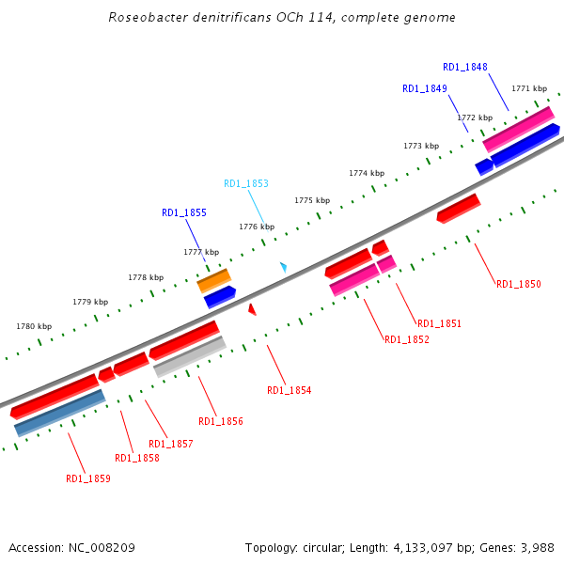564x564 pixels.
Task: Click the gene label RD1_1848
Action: tap(465, 67)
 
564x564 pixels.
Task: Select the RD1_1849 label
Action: tap(425, 88)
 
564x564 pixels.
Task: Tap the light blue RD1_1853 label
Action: tap(246, 183)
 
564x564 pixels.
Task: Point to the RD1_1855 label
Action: tap(184, 213)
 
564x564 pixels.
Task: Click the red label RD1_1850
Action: tap(519, 284)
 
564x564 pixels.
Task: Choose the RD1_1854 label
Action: tap(290, 390)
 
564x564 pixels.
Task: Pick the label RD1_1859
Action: tap(88, 478)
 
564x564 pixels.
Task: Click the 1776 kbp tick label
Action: tap(256, 227)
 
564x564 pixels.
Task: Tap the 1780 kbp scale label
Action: tap(34, 326)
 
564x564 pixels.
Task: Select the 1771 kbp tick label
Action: tap(529, 88)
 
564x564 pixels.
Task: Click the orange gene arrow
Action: tap(214, 279)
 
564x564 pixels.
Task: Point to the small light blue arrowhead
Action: tap(283, 268)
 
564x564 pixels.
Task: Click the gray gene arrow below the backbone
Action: tap(190, 357)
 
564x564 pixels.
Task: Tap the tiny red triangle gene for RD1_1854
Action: tap(252, 309)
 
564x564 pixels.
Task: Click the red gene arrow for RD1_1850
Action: tap(459, 209)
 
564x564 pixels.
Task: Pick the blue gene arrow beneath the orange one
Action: tap(220, 297)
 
